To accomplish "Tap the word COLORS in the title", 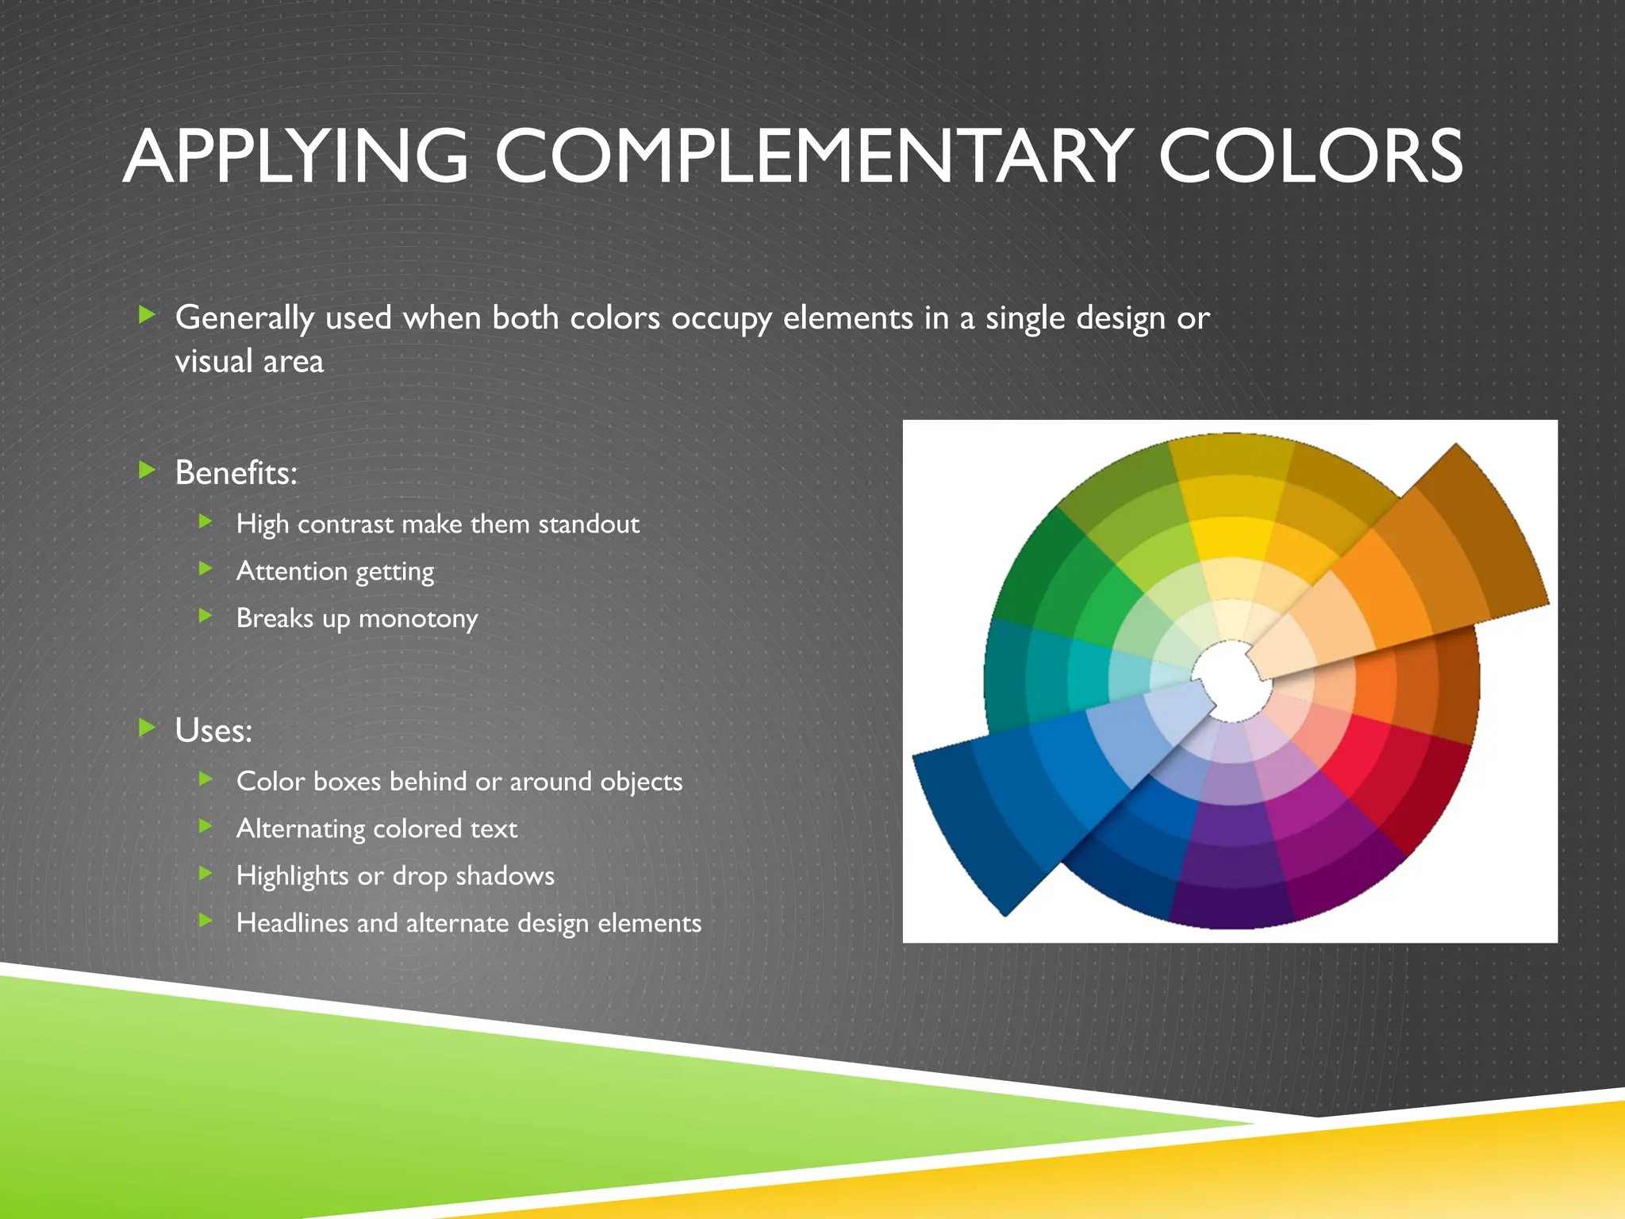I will click(x=1310, y=156).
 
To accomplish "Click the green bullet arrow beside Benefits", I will click(x=147, y=471).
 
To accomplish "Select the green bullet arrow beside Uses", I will click(x=147, y=728).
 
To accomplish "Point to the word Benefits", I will click(x=235, y=473).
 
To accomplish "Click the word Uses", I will click(x=213, y=731).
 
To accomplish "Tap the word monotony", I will click(x=418, y=618).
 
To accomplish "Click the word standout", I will click(x=589, y=524).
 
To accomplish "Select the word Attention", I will click(x=291, y=571).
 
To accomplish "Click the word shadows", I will click(x=505, y=876).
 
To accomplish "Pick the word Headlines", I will click(x=293, y=923).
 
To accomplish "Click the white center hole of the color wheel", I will click(x=1231, y=681).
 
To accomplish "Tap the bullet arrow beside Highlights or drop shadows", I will click(x=206, y=874).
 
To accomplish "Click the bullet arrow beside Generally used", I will click(x=147, y=315).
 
